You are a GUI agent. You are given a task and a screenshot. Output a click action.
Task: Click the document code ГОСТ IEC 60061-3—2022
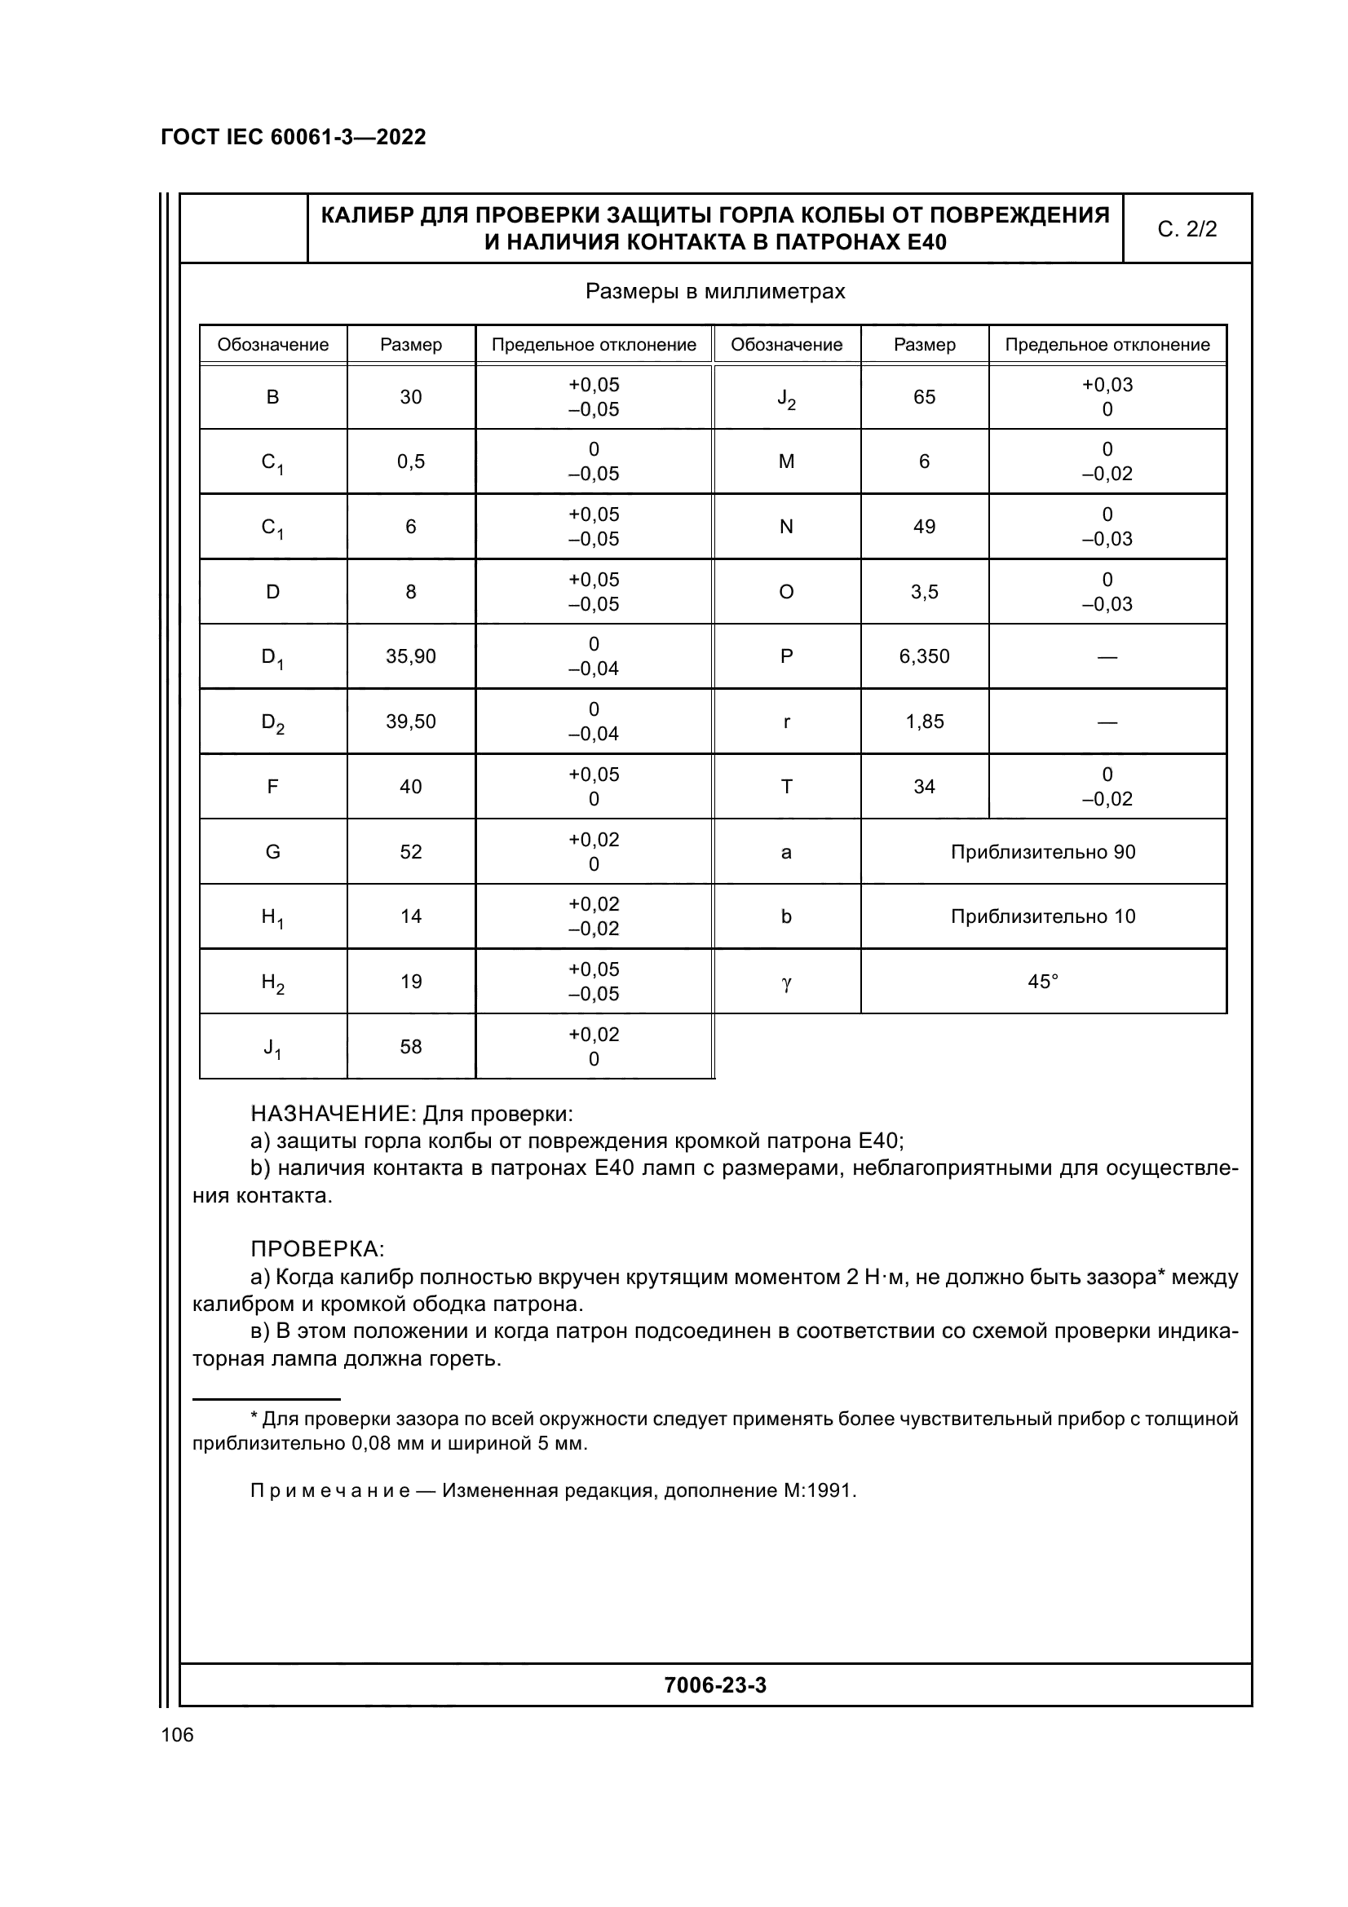pyautogui.click(x=294, y=137)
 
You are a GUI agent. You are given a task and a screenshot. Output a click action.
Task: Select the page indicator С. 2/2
pyautogui.click(x=1186, y=229)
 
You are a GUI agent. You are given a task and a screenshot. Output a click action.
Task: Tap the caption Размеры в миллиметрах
pyautogui.click(x=714, y=292)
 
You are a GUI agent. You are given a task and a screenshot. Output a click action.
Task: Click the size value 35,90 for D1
pyautogui.click(x=410, y=656)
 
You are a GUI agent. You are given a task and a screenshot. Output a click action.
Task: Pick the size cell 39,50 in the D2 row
pyautogui.click(x=410, y=721)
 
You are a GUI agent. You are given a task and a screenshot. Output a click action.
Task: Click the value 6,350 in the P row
pyautogui.click(x=924, y=656)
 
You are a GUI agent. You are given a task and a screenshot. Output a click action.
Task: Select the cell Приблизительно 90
pyautogui.click(x=1042, y=851)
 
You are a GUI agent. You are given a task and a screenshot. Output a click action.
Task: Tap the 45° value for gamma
pyautogui.click(x=1042, y=982)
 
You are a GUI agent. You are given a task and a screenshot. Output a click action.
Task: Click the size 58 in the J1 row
pyautogui.click(x=410, y=1047)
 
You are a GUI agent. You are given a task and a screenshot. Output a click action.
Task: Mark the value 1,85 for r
pyautogui.click(x=924, y=721)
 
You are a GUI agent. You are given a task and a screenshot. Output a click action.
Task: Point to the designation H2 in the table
pyautogui.click(x=272, y=983)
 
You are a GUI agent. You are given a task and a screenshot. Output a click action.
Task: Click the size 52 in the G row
pyautogui.click(x=410, y=851)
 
